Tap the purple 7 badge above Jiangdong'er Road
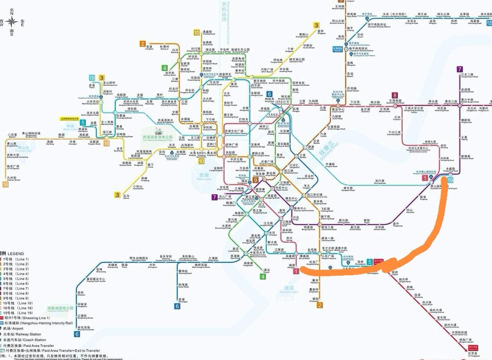pyautogui.click(x=460, y=69)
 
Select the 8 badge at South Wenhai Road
pyautogui.click(x=395, y=95)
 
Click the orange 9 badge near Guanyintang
pyautogui.click(x=255, y=180)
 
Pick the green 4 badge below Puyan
pyautogui.click(x=263, y=276)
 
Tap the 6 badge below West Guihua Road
pyautogui.click(x=76, y=334)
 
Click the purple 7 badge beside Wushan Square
pyautogui.click(x=214, y=198)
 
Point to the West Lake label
pyautogui.click(x=204, y=177)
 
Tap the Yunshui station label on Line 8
pyautogui.click(x=397, y=118)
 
